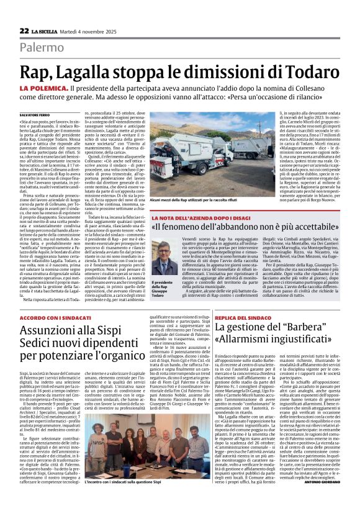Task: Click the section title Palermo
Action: (42, 48)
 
